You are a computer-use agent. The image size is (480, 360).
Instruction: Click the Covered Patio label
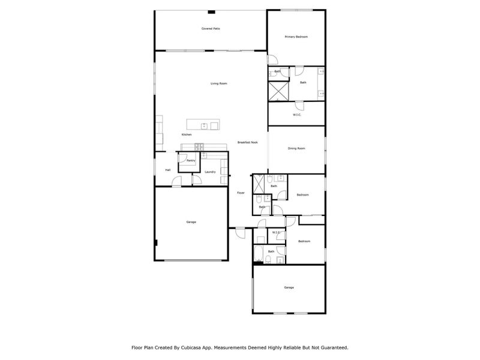[210, 29]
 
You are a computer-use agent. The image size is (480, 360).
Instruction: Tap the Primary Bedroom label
[296, 37]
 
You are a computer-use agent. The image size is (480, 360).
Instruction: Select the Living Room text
[218, 83]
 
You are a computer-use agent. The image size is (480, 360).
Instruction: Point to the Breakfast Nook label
[247, 142]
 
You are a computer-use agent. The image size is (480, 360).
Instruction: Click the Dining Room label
[296, 148]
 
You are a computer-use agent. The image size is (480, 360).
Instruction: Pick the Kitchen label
[187, 134]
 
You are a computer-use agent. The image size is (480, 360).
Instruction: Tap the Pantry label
[191, 160]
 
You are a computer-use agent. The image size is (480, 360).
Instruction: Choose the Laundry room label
[210, 172]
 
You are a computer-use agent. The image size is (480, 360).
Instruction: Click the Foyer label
[241, 193]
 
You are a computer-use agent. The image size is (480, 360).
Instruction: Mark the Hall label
[168, 170]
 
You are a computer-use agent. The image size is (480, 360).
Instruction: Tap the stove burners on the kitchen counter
[199, 146]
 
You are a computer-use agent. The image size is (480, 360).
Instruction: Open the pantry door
[182, 158]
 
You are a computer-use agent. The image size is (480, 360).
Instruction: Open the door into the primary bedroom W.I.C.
[300, 106]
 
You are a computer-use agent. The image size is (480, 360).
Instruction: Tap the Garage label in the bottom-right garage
[289, 287]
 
